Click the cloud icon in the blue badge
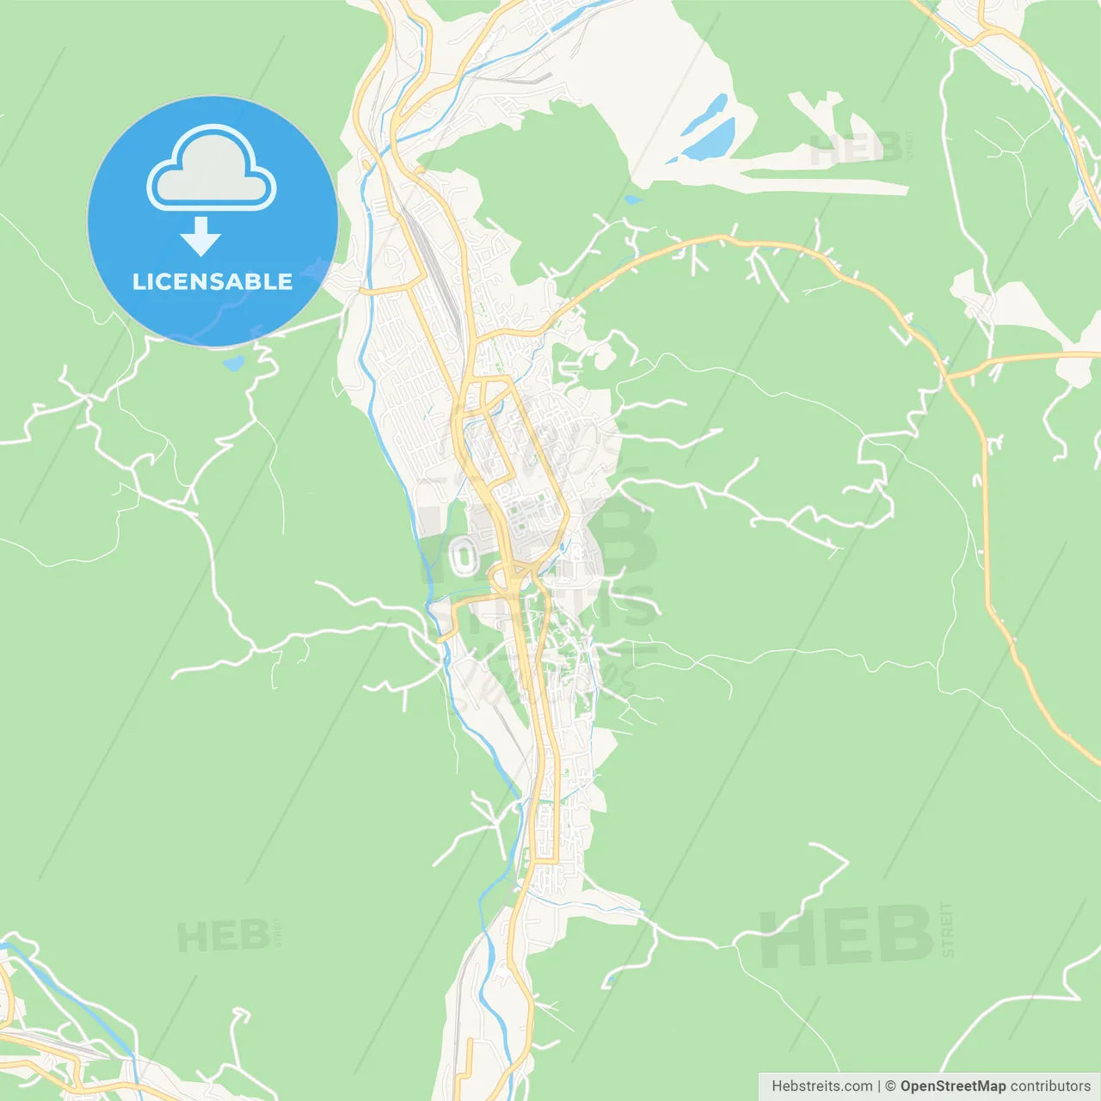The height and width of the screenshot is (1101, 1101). point(212,169)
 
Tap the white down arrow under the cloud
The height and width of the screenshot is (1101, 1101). point(200,237)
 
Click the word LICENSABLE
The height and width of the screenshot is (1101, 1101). point(212,281)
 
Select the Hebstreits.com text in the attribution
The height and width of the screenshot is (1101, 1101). point(821,1086)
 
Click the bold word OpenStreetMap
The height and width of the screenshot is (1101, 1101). point(952,1086)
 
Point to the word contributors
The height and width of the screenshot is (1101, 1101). point(1049,1086)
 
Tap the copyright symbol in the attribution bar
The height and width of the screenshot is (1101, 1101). point(890,1086)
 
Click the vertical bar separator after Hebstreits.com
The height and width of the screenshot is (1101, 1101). point(878,1086)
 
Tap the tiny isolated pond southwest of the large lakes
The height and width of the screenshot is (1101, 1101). point(632,200)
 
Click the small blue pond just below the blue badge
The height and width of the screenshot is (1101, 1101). point(233,363)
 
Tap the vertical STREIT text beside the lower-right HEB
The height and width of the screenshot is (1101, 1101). point(947,929)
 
